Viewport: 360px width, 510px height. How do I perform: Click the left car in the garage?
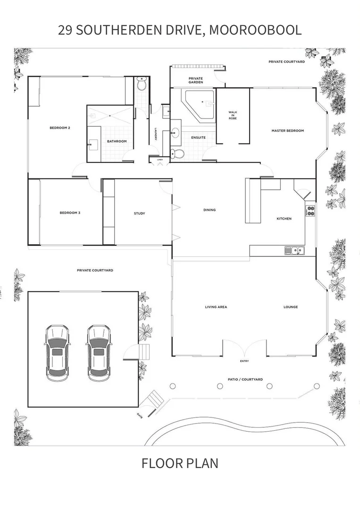click(x=57, y=353)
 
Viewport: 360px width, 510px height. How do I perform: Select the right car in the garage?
click(x=99, y=353)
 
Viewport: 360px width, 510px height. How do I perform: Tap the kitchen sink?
click(x=294, y=251)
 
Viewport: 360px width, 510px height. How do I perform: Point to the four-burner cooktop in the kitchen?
click(x=310, y=210)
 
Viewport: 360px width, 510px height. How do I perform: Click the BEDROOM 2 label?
click(x=60, y=128)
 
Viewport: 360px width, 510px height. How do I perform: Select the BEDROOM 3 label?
click(x=70, y=213)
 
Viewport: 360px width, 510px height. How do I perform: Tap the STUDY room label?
click(x=139, y=213)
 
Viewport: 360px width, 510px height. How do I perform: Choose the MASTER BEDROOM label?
click(x=287, y=131)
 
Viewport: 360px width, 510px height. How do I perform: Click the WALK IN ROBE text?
click(x=232, y=115)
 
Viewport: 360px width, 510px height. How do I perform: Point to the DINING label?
click(x=209, y=210)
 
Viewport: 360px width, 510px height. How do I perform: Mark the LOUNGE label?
click(x=291, y=307)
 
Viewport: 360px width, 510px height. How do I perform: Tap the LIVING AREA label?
click(x=216, y=307)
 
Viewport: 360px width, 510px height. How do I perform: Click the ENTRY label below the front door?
click(x=244, y=362)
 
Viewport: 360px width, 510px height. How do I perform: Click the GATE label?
click(x=140, y=415)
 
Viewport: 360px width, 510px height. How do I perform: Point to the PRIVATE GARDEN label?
click(x=195, y=80)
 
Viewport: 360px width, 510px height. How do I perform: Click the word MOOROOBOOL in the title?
click(x=255, y=30)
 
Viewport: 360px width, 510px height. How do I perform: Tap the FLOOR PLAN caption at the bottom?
click(x=180, y=463)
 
